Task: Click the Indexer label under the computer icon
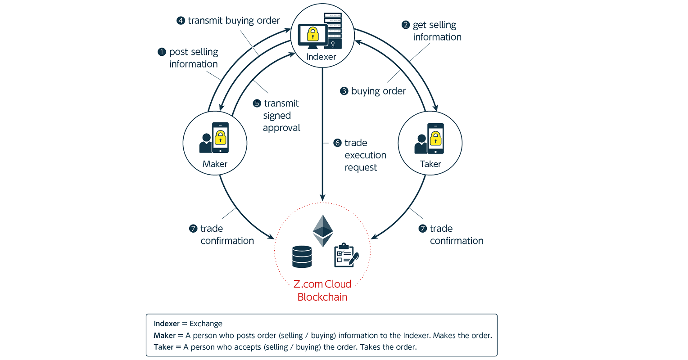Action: (321, 57)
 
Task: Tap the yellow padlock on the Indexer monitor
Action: (312, 34)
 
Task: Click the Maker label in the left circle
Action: (215, 164)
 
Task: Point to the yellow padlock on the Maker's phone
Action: (220, 137)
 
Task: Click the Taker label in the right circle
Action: (430, 164)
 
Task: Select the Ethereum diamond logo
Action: (323, 231)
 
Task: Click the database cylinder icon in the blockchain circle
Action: (302, 256)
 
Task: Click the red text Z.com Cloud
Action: (322, 284)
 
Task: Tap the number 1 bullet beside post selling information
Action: (162, 52)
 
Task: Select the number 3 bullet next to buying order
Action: (344, 91)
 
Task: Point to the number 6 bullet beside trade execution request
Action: (337, 143)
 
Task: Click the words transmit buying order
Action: (234, 21)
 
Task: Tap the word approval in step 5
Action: (281, 128)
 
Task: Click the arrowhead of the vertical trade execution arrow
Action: (322, 198)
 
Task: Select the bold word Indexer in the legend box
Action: (167, 324)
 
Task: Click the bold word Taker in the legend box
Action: (163, 347)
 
